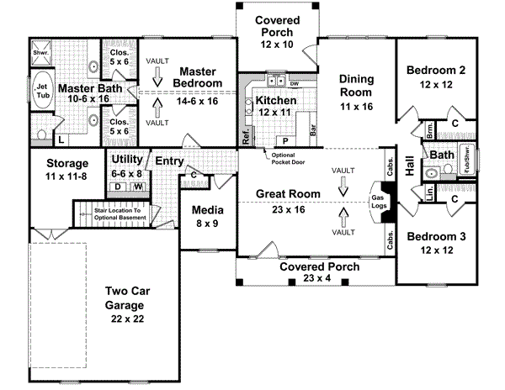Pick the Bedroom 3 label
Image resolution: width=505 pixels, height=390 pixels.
pyautogui.click(x=430, y=244)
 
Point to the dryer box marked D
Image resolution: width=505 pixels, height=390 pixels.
pyautogui.click(x=118, y=186)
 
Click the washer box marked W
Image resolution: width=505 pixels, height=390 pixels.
pyautogui.click(x=136, y=186)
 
